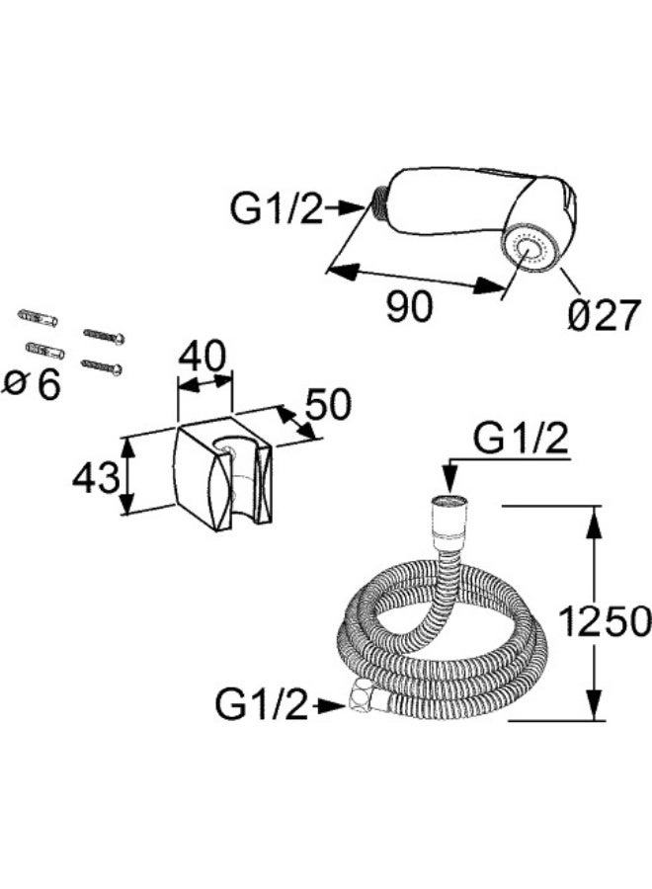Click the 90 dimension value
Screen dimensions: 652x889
[x=409, y=307]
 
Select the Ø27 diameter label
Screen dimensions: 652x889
[x=604, y=315]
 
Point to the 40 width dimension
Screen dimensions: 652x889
[x=202, y=357]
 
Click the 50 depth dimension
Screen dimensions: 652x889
[x=329, y=405]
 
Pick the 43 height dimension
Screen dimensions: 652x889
[x=96, y=477]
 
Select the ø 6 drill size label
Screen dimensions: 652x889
[x=32, y=385]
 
